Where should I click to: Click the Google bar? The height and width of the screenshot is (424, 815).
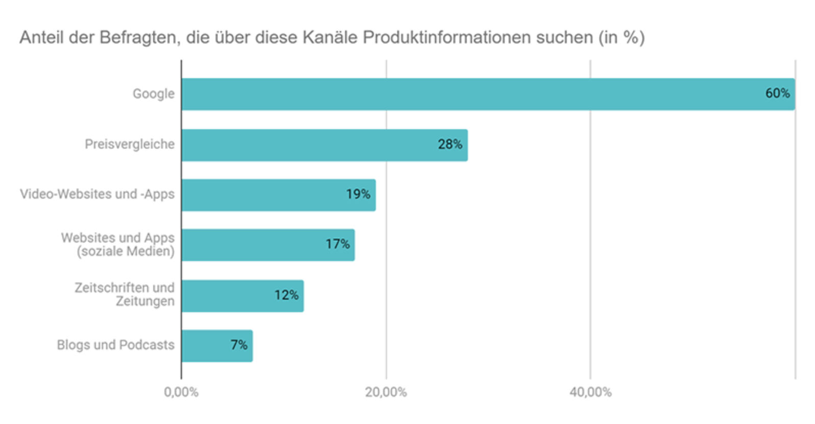point(460,94)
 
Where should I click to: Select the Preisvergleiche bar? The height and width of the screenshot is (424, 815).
point(306,145)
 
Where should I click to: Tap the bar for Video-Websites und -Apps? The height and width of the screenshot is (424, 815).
point(266,195)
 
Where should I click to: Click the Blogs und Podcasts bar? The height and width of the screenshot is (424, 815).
point(204,346)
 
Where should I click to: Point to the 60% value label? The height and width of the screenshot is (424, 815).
point(777,93)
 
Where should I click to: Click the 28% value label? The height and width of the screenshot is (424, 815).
point(450,145)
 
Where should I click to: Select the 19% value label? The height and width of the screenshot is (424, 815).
point(358,194)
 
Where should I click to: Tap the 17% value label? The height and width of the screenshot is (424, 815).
point(338,244)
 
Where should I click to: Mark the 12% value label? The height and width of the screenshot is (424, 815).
point(286,295)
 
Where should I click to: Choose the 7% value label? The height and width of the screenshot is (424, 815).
point(238,345)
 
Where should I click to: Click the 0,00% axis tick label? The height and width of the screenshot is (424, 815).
point(181,392)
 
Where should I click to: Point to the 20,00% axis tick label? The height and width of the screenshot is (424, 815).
point(386,392)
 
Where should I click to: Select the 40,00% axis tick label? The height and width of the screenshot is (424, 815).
point(590,392)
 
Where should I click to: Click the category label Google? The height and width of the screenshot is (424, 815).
point(153,94)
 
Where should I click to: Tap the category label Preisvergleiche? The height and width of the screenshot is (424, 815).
point(129,145)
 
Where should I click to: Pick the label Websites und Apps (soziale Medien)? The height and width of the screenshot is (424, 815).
point(118,245)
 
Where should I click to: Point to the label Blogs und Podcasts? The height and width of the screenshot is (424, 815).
point(115,345)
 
